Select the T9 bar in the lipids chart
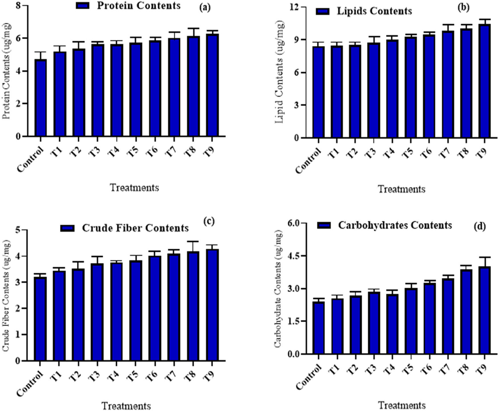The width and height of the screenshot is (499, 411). click(484, 81)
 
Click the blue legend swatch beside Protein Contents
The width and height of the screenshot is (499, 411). click(83, 6)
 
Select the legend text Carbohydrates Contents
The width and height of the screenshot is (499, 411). click(395, 225)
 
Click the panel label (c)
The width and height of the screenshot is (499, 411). click(209, 221)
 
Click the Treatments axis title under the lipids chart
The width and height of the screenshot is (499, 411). click(401, 189)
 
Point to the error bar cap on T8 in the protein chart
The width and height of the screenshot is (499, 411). click(193, 28)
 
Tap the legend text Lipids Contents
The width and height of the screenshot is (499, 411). click(374, 11)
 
